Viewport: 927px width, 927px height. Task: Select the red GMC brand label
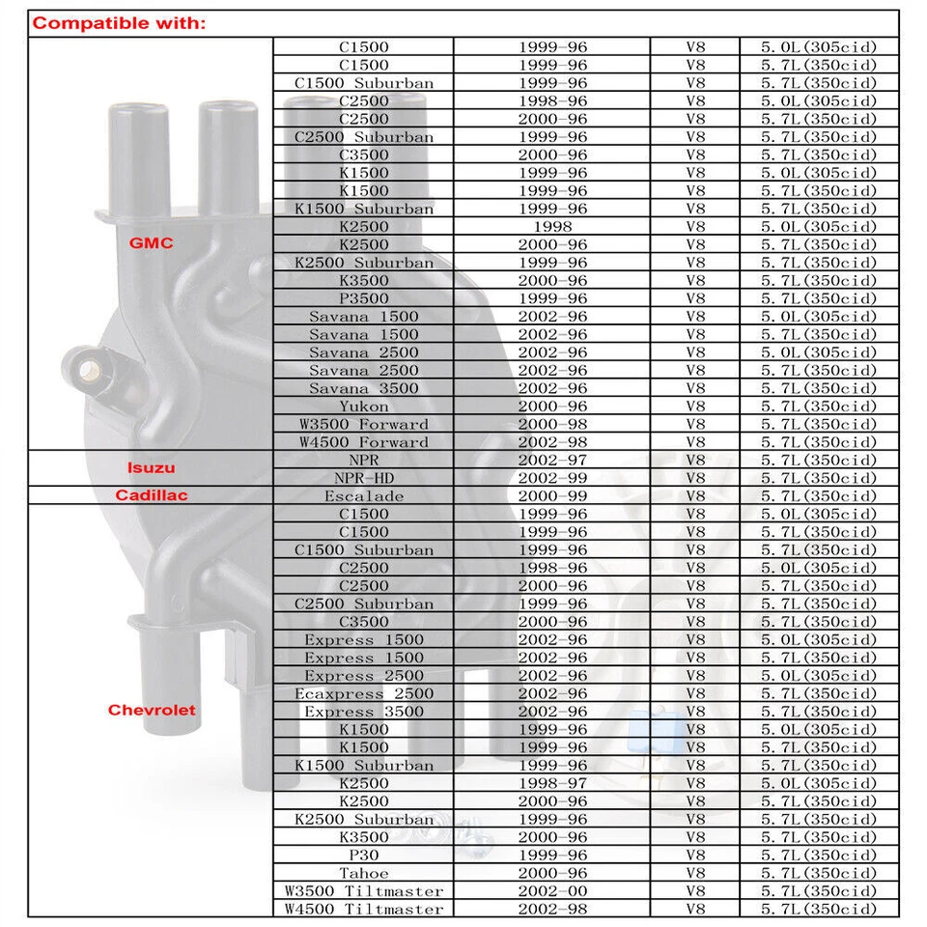[x=152, y=243]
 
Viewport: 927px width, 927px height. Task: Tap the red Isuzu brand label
[x=152, y=468]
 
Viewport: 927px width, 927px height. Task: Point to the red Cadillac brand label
[x=152, y=495]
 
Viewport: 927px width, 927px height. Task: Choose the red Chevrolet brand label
[x=152, y=711]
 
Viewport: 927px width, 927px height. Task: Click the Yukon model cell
[x=364, y=407]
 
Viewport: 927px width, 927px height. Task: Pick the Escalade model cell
[x=364, y=496]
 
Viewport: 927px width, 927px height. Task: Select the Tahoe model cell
[x=364, y=873]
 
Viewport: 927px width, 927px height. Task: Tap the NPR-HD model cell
[x=364, y=478]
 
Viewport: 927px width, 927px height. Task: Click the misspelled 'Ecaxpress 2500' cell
[x=364, y=693]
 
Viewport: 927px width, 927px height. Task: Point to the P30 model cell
[x=364, y=855]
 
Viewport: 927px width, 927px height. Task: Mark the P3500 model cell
[x=364, y=298]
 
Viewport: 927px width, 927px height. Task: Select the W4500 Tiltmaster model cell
[x=364, y=909]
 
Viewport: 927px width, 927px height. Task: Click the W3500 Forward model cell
[x=364, y=424]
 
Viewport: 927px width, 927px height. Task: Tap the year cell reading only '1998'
[x=551, y=227]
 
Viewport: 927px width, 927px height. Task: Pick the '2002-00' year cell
[x=551, y=890]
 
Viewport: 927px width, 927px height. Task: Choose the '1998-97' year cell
[x=551, y=783]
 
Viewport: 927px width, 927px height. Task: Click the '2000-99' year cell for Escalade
[x=551, y=496]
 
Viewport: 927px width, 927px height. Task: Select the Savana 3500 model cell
[x=364, y=388]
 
